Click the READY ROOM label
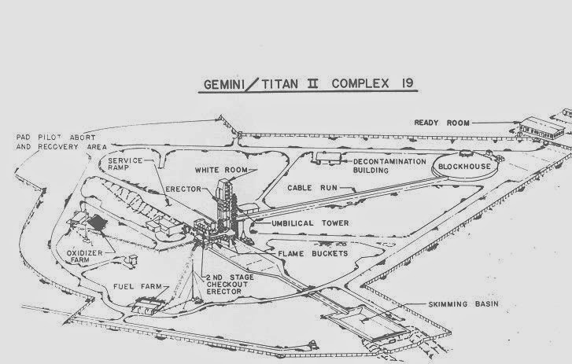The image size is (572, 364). click(442, 123)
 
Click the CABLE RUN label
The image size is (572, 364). click(310, 189)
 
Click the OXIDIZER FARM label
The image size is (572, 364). click(92, 257)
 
